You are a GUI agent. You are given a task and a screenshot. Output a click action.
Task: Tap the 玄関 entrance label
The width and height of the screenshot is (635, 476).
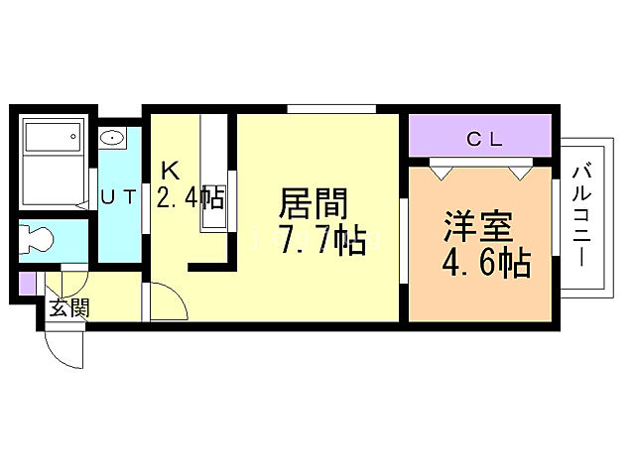(69, 308)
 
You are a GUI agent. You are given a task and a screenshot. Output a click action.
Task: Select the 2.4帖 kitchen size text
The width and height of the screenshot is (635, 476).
(190, 197)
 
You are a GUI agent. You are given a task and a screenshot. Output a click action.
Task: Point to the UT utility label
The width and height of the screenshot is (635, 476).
(119, 197)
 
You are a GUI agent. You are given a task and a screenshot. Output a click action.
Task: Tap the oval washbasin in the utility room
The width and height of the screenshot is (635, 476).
(112, 139)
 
